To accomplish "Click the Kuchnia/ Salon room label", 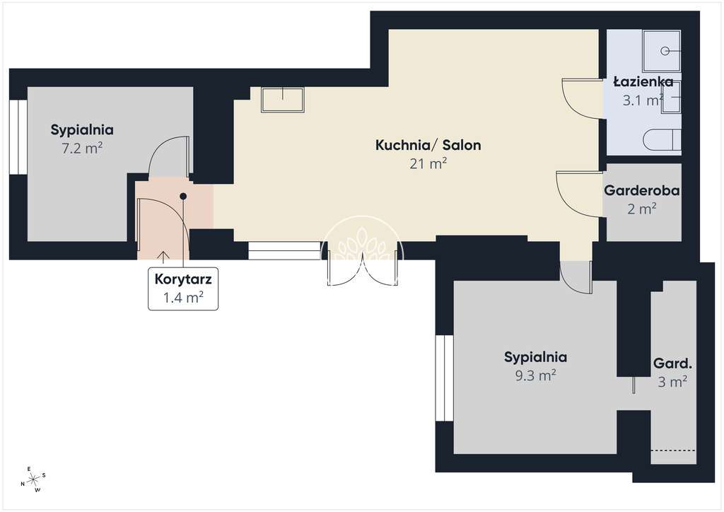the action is (428, 145).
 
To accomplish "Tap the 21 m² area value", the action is (428, 163).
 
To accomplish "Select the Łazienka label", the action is (643, 82).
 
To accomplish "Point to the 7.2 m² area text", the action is (82, 149).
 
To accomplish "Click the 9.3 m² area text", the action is (535, 376).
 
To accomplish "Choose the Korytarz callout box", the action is (183, 289).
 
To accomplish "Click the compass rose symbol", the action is (33, 480).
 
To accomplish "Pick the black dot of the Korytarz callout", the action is (183, 196).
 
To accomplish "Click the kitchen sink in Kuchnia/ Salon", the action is (282, 99).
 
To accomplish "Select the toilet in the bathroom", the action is (662, 140).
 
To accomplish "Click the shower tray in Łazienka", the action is (661, 50).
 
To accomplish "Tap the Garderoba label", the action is (642, 190).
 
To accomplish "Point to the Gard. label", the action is (672, 363).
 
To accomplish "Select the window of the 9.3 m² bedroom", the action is (445, 378).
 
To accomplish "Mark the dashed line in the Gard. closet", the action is (673, 450).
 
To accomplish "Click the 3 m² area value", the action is (672, 382).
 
